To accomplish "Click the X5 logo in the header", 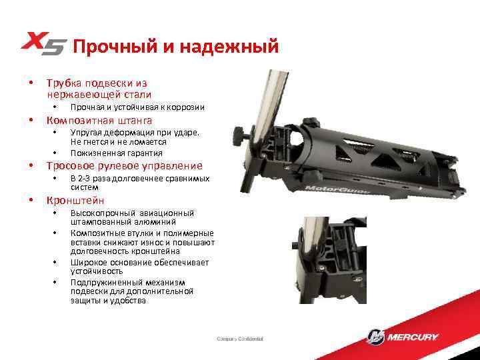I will point(44,45).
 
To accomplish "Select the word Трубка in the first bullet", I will point(63,84).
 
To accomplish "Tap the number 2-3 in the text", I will point(85,179).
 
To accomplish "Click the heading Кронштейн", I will point(75,200).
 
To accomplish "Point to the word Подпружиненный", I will point(105,282).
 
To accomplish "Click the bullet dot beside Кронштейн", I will point(31,200).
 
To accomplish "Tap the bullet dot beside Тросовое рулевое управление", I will point(31,166).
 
